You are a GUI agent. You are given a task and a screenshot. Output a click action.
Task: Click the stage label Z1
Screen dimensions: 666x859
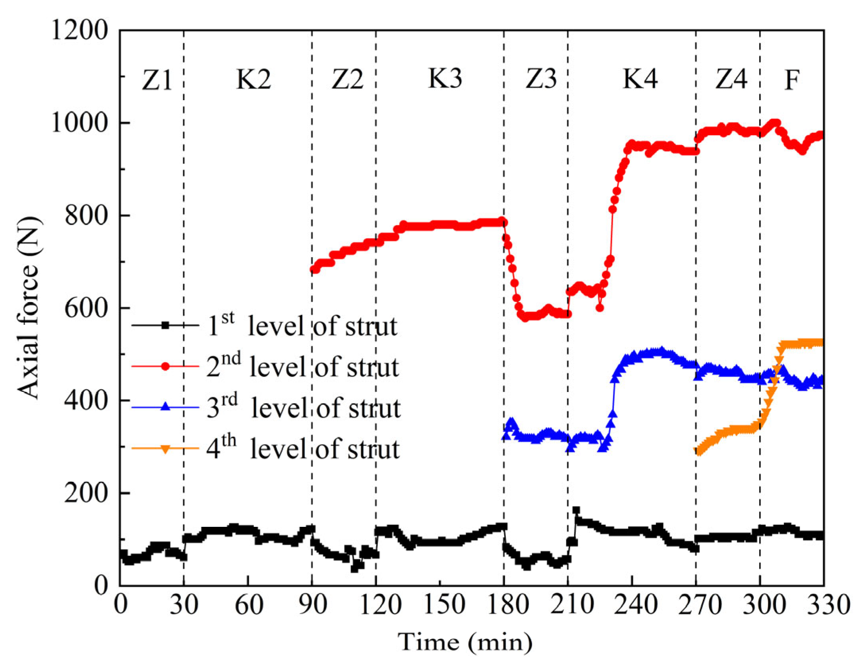[x=157, y=80]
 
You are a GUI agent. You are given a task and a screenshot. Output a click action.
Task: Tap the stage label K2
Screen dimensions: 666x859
[x=253, y=79]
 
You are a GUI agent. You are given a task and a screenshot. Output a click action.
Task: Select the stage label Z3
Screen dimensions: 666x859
[x=541, y=79]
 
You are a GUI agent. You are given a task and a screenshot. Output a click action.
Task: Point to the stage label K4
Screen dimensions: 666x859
[x=640, y=79]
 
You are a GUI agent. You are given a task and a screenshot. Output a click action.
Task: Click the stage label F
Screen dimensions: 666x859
[x=791, y=80]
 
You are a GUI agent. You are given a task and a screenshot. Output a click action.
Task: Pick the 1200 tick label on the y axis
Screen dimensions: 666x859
[x=80, y=30]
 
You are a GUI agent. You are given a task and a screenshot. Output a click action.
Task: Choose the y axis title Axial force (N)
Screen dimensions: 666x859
[x=29, y=308]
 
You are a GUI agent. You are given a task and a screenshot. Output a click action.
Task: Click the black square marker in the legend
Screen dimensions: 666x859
[x=165, y=325]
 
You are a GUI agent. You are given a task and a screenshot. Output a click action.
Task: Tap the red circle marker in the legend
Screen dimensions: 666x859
[x=165, y=366]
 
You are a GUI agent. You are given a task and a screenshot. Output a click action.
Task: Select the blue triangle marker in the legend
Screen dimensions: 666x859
[x=165, y=407]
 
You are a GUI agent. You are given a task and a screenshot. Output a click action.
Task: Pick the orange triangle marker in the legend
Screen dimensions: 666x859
[x=165, y=449]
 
